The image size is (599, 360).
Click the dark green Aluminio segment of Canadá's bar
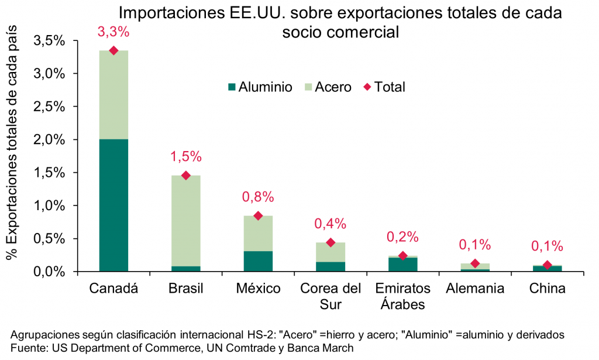113,205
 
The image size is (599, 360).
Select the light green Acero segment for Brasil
186,221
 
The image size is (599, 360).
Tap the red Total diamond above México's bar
258,216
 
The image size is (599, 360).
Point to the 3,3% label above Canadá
113,33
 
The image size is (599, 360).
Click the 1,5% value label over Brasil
186,157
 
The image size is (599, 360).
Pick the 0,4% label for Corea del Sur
331,224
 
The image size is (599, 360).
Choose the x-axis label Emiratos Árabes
402,296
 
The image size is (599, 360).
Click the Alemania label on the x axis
475,289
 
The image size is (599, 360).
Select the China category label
547,289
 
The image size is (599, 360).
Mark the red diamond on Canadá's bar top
113,51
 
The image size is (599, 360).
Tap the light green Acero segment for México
258,233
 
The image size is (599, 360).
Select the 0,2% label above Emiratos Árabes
402,237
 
